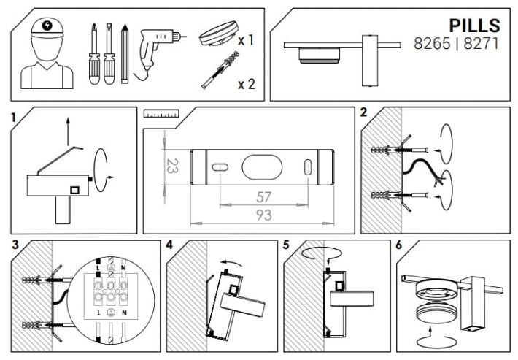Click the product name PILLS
pyautogui.click(x=474, y=26)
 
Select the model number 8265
pyautogui.click(x=432, y=43)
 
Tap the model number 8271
pyautogui.click(x=481, y=43)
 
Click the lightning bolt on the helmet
pyautogui.click(x=47, y=25)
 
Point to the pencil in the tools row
pyautogui.click(x=125, y=54)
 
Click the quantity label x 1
pyautogui.click(x=246, y=40)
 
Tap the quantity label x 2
pyautogui.click(x=247, y=84)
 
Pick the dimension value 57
pyautogui.click(x=263, y=197)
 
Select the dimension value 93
pyautogui.click(x=264, y=215)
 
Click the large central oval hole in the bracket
pyautogui.click(x=263, y=167)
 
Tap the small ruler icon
pyautogui.click(x=161, y=114)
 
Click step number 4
pyautogui.click(x=169, y=245)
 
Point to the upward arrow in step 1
pyautogui.click(x=68, y=131)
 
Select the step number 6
pyautogui.click(x=399, y=245)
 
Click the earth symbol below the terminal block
pyautogui.click(x=111, y=313)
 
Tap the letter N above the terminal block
pyautogui.click(x=123, y=267)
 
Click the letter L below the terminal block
pyautogui.click(x=98, y=313)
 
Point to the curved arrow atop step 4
pyautogui.click(x=233, y=262)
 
